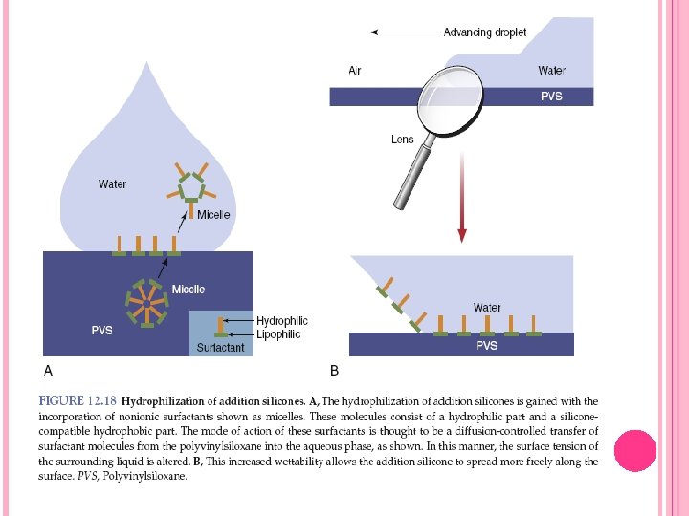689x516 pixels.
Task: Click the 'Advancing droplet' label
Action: point(484,32)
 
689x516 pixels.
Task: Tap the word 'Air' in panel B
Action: point(355,71)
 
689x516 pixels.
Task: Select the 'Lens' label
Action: point(403,140)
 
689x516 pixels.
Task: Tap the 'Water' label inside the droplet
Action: point(112,184)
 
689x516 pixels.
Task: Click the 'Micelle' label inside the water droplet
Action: point(213,214)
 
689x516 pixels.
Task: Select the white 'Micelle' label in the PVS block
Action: point(189,290)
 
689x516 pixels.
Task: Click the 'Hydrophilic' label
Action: point(282,321)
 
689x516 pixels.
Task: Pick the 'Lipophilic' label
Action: point(278,334)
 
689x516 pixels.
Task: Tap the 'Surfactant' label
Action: point(220,348)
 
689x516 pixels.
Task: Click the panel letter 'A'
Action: point(48,369)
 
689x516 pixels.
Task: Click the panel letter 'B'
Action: point(334,369)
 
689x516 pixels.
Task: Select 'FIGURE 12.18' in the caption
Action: point(78,402)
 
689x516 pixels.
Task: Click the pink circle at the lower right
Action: point(633,450)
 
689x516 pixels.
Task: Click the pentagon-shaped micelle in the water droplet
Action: point(192,184)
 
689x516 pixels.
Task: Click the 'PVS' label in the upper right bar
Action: point(551,97)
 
